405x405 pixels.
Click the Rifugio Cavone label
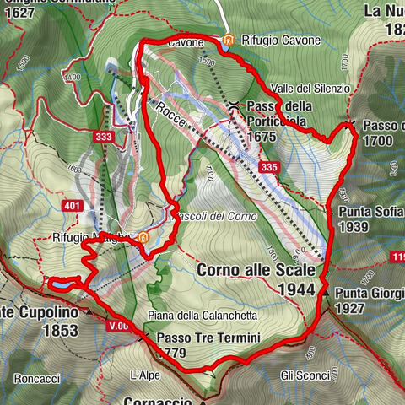pos(282,40)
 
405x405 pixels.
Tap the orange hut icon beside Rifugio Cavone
pos(229,40)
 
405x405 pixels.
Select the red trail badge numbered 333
pos(104,136)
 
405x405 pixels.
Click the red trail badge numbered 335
pos(269,168)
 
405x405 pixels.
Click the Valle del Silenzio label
pos(310,89)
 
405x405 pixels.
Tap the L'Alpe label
pos(144,374)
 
